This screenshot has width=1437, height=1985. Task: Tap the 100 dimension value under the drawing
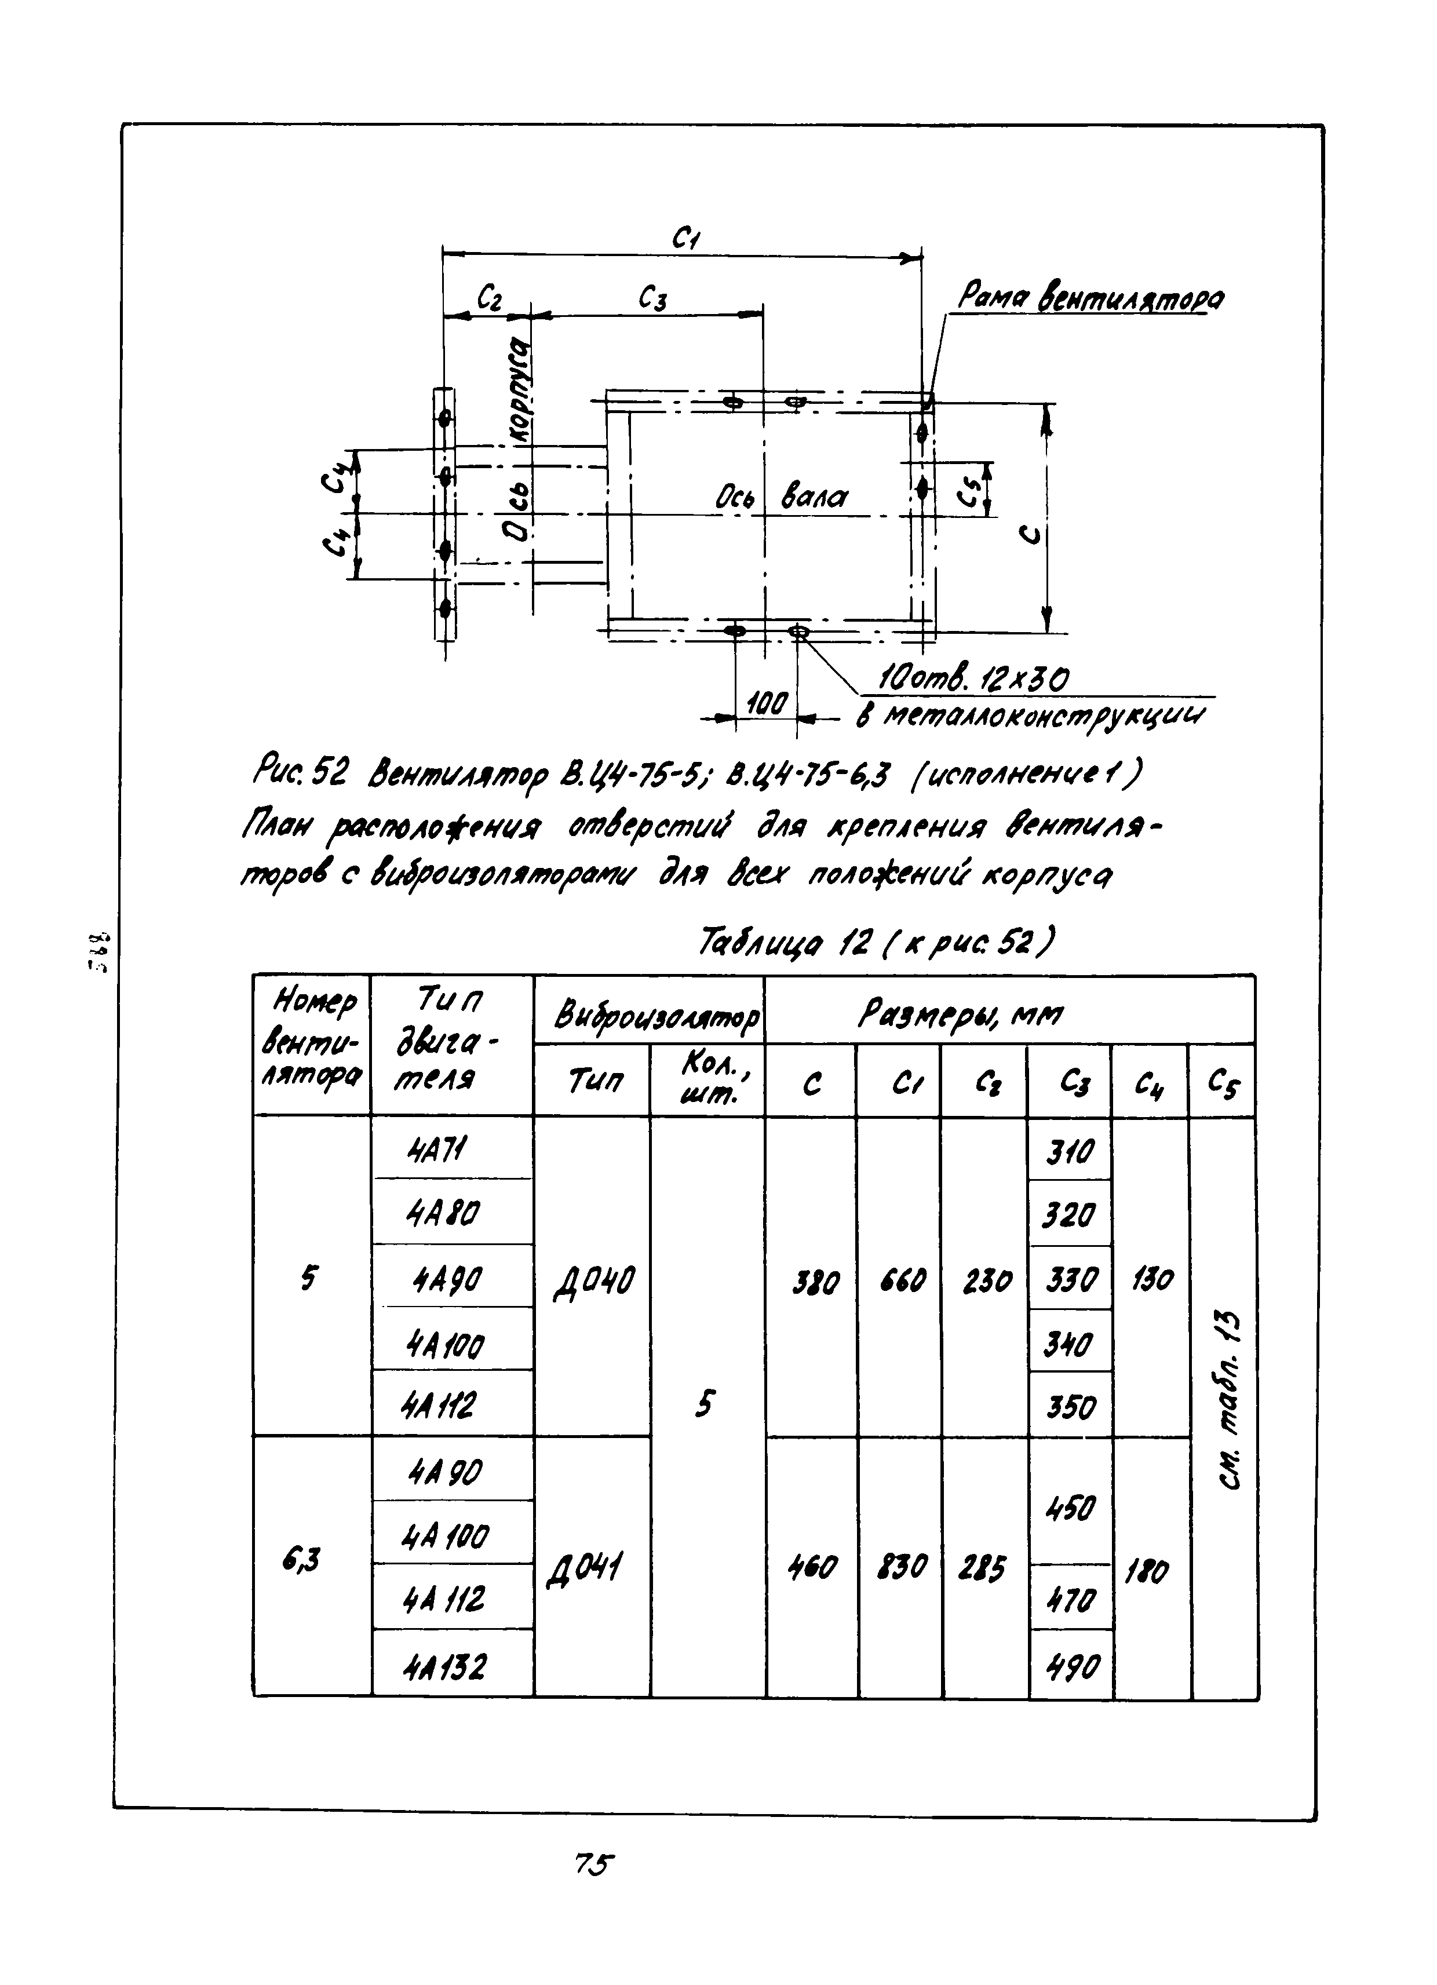click(x=768, y=702)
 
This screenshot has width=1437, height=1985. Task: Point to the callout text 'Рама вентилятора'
click(x=1090, y=298)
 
